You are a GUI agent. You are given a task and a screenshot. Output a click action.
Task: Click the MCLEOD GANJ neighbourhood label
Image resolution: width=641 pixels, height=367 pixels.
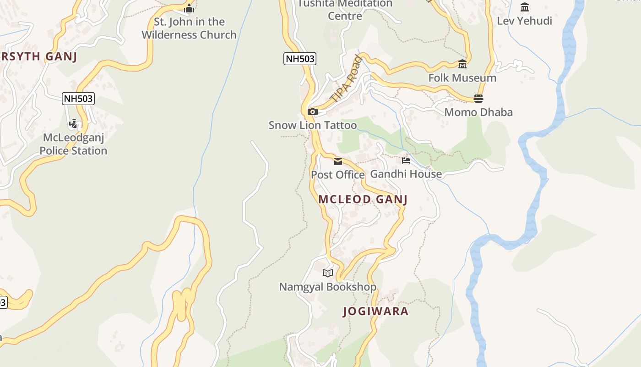[x=363, y=199]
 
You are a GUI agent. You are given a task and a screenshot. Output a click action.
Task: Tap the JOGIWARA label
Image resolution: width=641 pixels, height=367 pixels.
[x=375, y=311]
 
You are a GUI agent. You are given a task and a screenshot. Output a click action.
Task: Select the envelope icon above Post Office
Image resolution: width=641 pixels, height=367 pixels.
[x=338, y=161]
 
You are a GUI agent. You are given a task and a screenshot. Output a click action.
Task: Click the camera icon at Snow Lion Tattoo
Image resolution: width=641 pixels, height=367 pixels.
[x=313, y=111]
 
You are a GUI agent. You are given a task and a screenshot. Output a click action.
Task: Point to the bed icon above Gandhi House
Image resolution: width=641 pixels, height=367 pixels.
[x=406, y=160]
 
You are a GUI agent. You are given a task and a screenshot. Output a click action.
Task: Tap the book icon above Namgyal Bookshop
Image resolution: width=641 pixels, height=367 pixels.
[x=328, y=273]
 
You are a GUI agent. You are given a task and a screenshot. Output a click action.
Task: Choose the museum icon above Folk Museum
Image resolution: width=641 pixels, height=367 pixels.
[x=462, y=64]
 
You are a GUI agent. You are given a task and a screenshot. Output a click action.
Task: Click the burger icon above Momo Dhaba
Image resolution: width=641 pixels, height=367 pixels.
[x=478, y=99]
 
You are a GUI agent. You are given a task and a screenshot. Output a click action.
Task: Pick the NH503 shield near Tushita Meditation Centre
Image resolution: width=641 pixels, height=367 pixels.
[x=300, y=59]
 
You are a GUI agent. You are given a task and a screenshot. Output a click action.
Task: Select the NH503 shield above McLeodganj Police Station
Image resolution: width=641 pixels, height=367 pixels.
[x=78, y=99]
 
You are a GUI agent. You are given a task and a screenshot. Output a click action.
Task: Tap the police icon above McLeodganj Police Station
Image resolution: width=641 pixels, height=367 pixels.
[x=73, y=124]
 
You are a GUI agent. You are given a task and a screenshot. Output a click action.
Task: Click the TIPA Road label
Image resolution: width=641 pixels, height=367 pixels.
[x=346, y=78]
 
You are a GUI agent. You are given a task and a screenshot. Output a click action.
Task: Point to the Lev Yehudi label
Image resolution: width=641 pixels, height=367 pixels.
[x=524, y=21]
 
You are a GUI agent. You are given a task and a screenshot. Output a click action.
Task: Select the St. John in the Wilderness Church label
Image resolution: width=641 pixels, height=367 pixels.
[x=189, y=28]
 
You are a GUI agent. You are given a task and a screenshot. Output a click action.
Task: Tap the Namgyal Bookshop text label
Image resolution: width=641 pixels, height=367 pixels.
[x=328, y=287]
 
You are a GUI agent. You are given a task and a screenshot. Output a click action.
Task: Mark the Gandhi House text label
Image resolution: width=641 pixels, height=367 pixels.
[x=406, y=174]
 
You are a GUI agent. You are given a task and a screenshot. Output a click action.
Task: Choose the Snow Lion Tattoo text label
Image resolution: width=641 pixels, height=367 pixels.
[x=313, y=125]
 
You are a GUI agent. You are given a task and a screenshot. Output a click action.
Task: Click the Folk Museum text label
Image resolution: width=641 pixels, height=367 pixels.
[x=462, y=78]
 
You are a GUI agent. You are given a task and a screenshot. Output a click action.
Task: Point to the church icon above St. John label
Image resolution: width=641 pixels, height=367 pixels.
[x=189, y=8]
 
